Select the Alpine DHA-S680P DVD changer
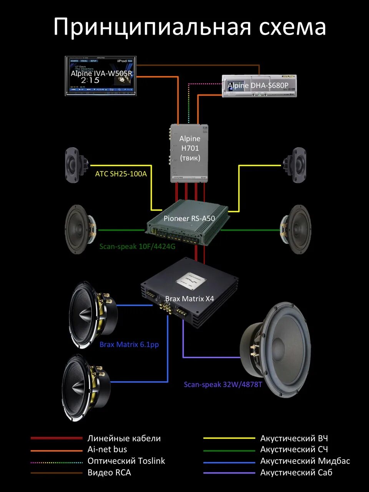click(x=259, y=86)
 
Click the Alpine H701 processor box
click(x=190, y=153)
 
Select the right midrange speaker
click(x=296, y=230)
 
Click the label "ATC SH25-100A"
click(x=121, y=174)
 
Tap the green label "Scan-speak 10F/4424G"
click(x=137, y=246)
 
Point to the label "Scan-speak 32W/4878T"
click(x=223, y=384)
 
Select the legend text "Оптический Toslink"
click(x=126, y=461)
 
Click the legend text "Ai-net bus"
click(x=107, y=449)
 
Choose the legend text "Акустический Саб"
click(x=296, y=472)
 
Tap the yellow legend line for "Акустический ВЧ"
click(x=229, y=438)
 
